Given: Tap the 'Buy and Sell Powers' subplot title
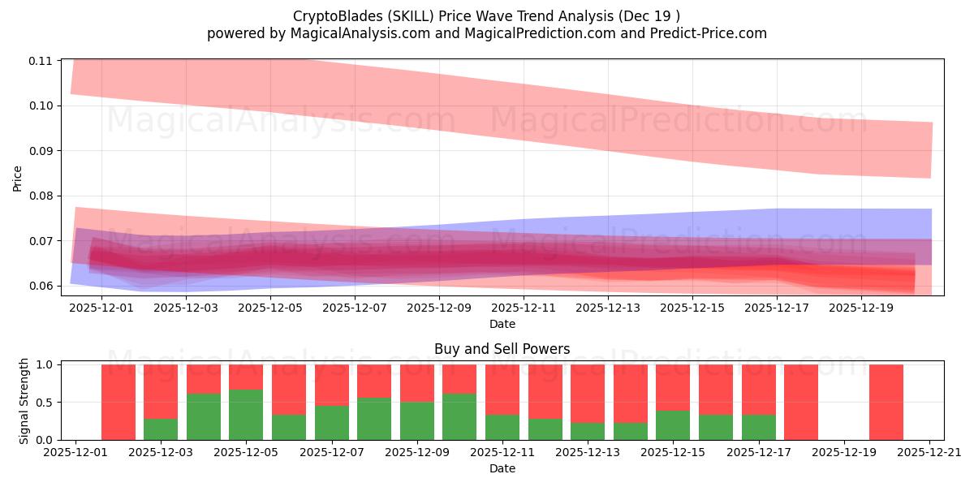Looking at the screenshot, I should pos(502,350).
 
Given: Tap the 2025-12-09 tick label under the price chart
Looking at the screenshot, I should pos(438,308).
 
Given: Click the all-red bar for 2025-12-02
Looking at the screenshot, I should pos(119,402).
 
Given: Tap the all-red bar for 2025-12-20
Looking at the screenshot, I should pos(886,402).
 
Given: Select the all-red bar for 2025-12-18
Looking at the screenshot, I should pos(800,402).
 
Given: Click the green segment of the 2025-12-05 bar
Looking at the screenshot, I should pos(246,415).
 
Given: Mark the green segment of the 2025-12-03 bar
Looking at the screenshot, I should pos(161,429).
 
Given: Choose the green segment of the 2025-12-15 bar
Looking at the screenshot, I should pos(673,425).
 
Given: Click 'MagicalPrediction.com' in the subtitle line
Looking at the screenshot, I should pos(530,33).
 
